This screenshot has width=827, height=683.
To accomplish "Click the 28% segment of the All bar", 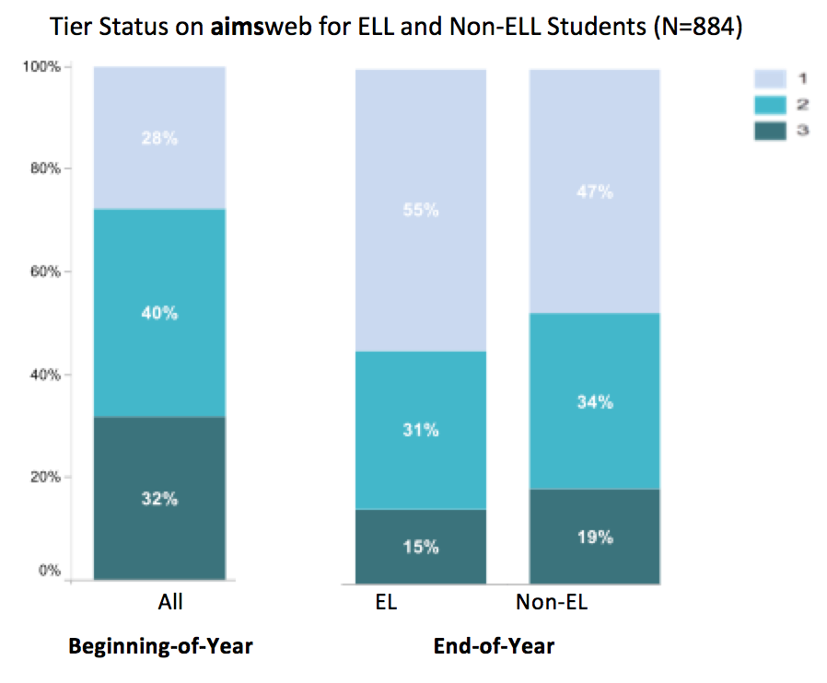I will (159, 138).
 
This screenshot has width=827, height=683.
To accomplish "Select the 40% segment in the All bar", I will (159, 313).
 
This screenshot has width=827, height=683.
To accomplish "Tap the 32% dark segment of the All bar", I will (159, 498).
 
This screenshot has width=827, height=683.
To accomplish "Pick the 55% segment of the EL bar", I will (421, 210).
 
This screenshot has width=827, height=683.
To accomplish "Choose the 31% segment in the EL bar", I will (421, 430).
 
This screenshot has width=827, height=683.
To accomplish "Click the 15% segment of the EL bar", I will (421, 547).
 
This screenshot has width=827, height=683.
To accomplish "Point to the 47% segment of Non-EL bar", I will (595, 191).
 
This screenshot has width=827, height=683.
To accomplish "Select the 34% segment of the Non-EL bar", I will (595, 401).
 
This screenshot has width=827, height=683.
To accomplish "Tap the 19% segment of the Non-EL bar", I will (595, 537).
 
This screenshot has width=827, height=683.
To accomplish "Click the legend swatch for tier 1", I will (770, 81).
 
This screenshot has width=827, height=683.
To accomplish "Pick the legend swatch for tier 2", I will (770, 106).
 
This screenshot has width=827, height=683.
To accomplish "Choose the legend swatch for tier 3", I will (770, 131).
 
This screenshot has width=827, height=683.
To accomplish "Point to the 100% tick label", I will (43, 67).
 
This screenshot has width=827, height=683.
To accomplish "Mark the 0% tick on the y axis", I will (50, 571).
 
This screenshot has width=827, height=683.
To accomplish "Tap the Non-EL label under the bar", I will (552, 603).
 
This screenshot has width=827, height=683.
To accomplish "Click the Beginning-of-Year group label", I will (160, 646).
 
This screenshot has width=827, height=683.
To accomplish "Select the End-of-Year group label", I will (494, 646).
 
